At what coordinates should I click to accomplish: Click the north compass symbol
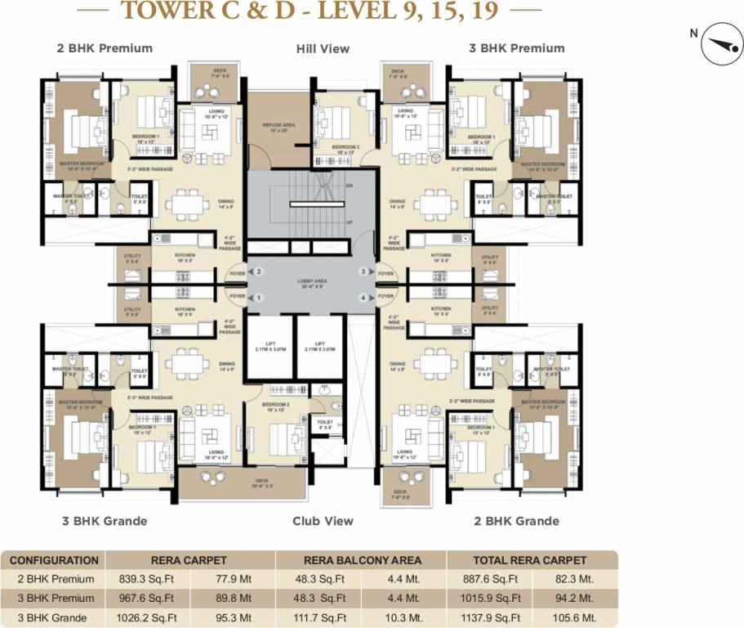tap(717, 44)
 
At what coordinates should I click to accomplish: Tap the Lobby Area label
tap(312, 283)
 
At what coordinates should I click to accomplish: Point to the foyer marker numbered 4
tap(364, 297)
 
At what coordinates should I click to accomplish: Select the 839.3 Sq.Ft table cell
tap(148, 579)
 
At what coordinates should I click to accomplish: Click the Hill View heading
tap(323, 49)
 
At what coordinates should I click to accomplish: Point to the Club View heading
tap(323, 521)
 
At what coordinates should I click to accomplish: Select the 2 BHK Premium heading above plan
tap(105, 48)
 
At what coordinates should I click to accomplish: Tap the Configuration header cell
tap(54, 560)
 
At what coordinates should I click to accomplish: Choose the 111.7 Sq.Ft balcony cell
tap(319, 617)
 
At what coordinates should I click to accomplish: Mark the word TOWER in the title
tap(160, 11)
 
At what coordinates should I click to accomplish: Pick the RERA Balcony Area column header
tap(362, 560)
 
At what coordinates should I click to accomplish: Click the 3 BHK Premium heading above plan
tap(517, 48)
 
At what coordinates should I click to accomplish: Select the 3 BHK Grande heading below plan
tap(104, 521)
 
